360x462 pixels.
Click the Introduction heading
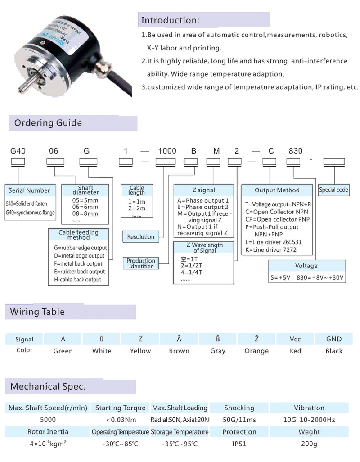[x=170, y=20]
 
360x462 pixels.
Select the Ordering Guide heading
[x=48, y=123]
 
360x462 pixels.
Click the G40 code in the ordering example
[x=18, y=151]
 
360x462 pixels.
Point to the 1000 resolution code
[x=167, y=151]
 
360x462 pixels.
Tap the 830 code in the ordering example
[x=296, y=151]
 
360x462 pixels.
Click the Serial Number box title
[x=29, y=190]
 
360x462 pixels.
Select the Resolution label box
[x=141, y=236]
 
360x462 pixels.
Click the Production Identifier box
[x=141, y=263]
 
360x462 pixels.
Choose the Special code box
[x=333, y=190]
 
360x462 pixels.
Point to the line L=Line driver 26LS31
[x=274, y=242]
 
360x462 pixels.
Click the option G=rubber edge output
[x=81, y=248]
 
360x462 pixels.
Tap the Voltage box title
[x=306, y=266]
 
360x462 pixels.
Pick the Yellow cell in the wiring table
[x=140, y=351]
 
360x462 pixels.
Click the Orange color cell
[x=256, y=351]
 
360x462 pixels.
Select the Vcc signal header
[x=295, y=339]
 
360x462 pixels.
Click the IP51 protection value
[x=239, y=444]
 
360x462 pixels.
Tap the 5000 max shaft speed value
[x=48, y=420]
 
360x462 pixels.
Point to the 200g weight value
[x=309, y=444]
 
